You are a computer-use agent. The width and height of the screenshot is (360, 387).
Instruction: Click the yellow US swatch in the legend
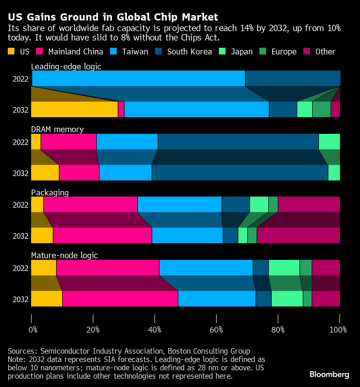11,51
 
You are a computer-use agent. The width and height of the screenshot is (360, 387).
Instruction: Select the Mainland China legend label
76,52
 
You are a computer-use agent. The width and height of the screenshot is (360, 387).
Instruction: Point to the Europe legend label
284,52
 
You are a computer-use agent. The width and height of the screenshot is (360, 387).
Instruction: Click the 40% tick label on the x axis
154,330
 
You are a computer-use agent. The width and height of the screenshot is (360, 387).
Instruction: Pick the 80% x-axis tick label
278,330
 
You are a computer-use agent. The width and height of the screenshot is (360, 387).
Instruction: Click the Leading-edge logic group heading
66,67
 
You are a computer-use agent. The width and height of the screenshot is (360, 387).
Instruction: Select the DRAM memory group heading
57,129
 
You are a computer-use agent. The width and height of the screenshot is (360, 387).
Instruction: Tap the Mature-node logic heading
64,255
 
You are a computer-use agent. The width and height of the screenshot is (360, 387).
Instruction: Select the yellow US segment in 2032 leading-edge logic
74,109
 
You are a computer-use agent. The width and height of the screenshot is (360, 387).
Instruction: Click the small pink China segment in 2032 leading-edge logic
121,109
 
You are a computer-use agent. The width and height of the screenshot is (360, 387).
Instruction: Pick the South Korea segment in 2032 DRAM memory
240,173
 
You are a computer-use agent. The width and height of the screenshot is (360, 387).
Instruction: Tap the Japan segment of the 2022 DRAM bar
329,142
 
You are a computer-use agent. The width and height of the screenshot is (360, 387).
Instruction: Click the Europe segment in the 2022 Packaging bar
273,204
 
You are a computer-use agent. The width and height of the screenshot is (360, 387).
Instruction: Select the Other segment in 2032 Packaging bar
298,235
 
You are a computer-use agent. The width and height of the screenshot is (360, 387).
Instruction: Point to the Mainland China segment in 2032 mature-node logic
120,299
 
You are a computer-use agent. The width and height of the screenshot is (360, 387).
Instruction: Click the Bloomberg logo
329,375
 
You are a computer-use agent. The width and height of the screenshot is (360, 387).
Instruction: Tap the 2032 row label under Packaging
21,236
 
